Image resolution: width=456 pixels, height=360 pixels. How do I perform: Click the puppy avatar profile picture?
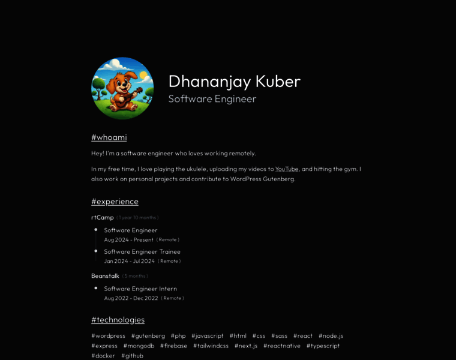(122, 88)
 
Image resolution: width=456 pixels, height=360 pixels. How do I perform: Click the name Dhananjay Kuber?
(234, 82)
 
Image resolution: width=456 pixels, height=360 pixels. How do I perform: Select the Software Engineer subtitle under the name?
(212, 99)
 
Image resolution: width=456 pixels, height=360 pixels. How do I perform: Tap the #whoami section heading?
(109, 137)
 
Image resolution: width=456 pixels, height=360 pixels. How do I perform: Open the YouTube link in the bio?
(287, 169)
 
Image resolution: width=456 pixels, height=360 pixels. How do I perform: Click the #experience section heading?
(115, 202)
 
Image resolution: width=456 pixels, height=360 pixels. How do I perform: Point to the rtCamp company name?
(102, 217)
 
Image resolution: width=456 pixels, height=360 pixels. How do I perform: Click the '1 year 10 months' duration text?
(138, 218)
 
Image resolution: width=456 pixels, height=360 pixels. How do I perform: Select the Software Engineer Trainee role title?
(142, 251)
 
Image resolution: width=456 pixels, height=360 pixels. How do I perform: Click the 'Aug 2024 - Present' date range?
(128, 239)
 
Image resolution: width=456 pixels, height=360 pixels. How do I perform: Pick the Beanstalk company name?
(105, 276)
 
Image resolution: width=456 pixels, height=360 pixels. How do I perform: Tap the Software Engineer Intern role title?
(140, 289)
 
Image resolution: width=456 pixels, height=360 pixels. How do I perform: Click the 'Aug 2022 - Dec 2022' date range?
(131, 298)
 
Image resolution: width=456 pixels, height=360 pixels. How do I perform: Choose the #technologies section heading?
(118, 320)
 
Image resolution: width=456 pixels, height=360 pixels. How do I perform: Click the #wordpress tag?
(108, 336)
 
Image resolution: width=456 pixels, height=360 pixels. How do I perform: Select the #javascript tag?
(208, 336)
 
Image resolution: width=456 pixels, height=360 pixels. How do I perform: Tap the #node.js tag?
(331, 336)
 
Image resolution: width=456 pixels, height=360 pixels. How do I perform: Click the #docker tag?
(103, 356)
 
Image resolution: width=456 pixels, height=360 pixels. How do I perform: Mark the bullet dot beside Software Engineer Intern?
(96, 288)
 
